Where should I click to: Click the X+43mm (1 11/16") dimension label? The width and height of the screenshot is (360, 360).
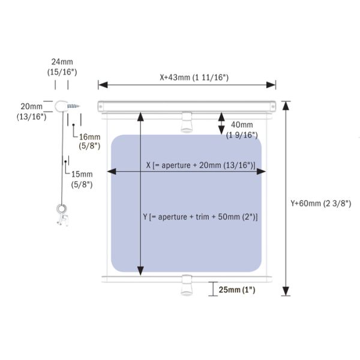194,77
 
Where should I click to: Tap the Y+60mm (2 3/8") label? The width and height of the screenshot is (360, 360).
321,203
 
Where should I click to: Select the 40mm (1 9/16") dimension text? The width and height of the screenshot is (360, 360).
242,130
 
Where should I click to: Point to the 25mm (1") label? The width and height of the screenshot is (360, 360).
237,290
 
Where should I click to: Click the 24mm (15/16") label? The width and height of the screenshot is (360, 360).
62,67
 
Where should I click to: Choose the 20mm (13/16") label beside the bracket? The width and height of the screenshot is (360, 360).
31,112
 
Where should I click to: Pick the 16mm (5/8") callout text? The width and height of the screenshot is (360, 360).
89,142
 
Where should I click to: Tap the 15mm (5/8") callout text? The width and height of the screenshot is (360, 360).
82,179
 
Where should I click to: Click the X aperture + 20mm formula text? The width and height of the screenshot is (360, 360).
200,166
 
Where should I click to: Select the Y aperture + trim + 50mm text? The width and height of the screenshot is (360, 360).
200,217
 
